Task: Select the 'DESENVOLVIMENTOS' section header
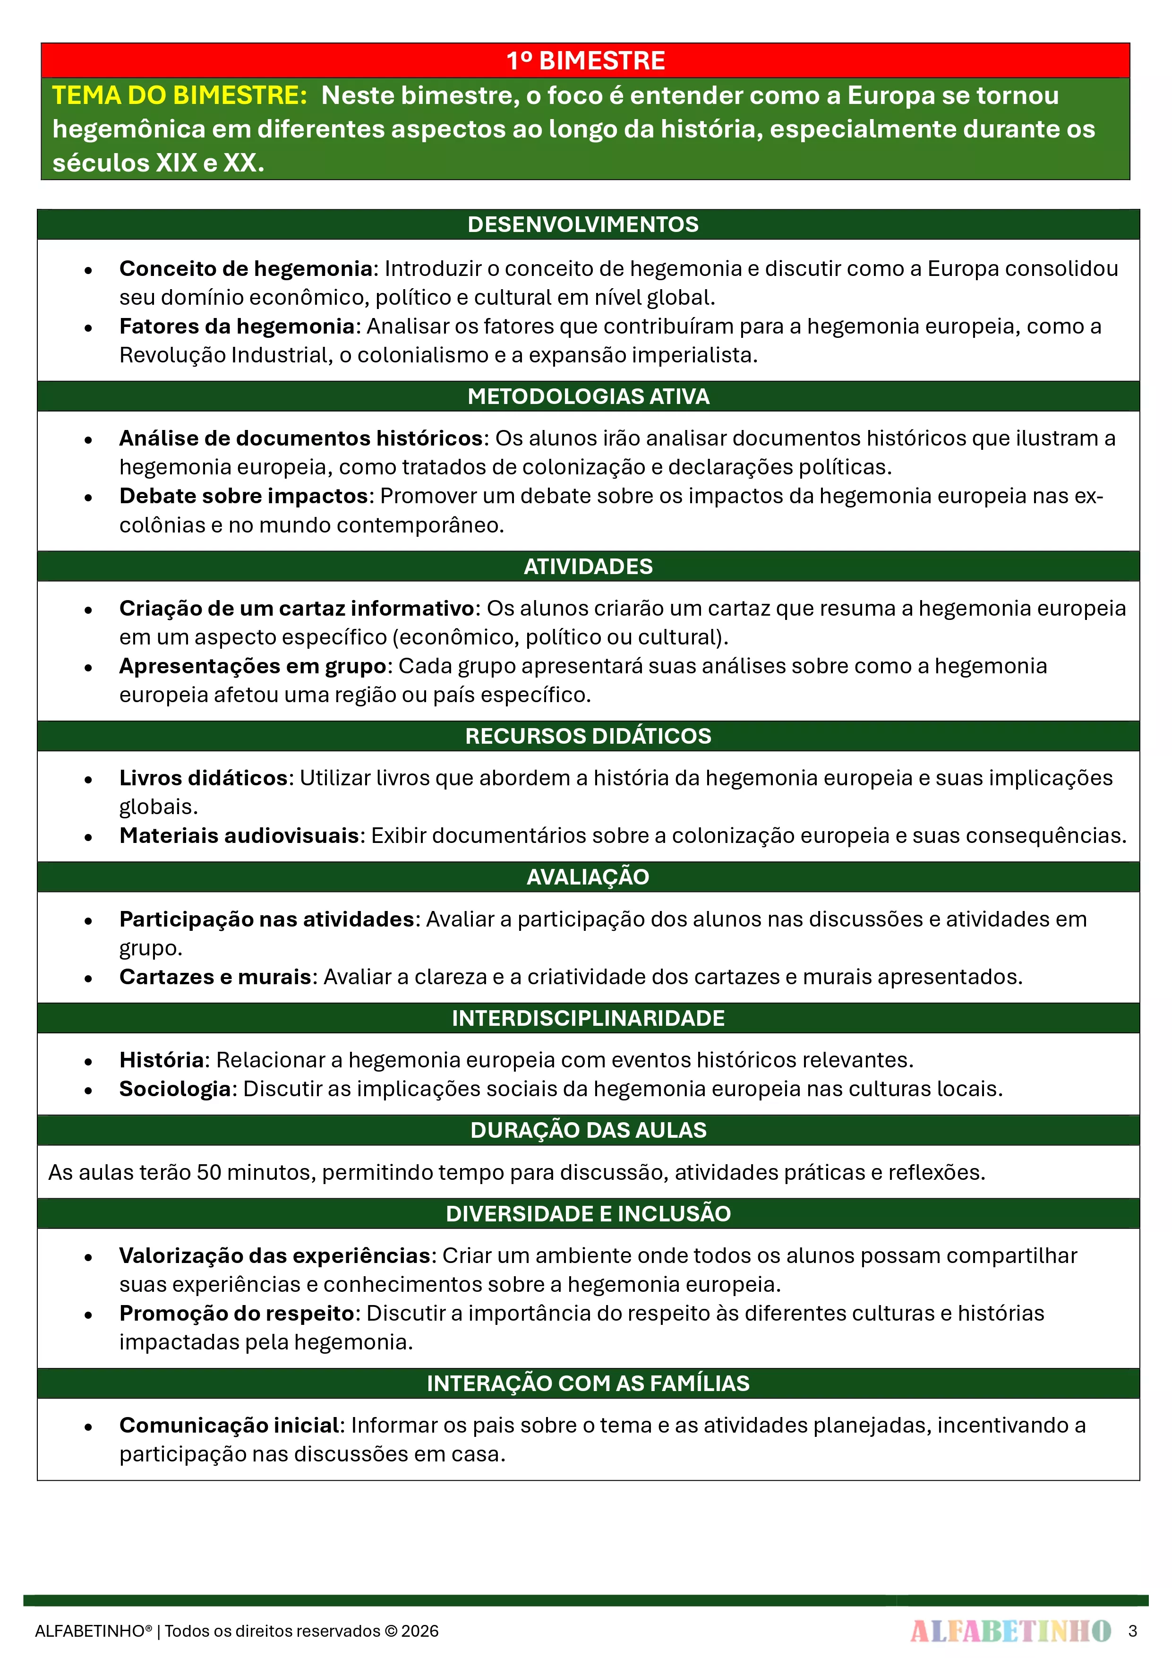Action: (x=583, y=224)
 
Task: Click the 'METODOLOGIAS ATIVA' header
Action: (x=588, y=396)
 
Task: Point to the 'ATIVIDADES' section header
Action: (x=588, y=566)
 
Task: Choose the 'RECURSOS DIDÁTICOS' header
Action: (x=588, y=736)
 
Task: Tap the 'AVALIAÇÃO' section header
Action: (x=588, y=876)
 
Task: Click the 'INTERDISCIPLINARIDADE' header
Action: (x=588, y=1018)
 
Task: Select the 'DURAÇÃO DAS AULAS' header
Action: (x=588, y=1130)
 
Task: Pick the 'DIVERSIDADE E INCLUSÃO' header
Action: (x=588, y=1214)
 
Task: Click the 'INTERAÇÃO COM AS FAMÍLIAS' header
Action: (x=588, y=1383)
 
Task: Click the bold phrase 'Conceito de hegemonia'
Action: (x=246, y=269)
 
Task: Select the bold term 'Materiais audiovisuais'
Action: (x=239, y=835)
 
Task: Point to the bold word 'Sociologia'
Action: (x=175, y=1089)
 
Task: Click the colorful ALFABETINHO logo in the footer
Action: (x=1010, y=1631)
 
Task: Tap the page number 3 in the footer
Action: (x=1132, y=1631)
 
